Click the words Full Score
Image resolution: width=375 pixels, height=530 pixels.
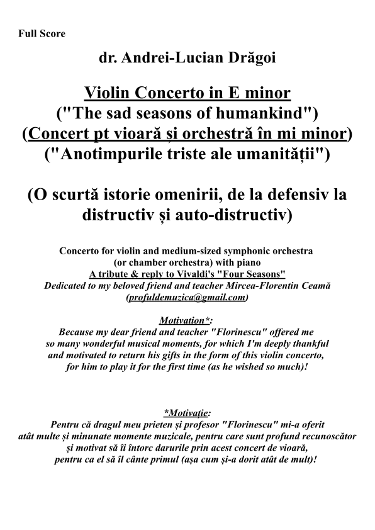click(42, 33)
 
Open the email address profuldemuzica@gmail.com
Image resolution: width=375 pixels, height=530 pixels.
click(187, 298)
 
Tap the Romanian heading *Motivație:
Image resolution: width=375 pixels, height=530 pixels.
click(187, 413)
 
